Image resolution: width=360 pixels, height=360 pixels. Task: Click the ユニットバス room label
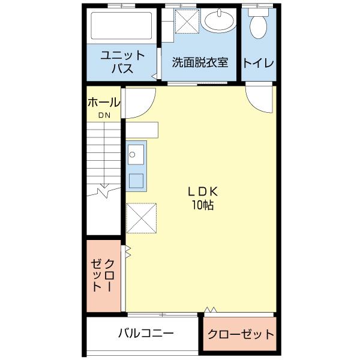point(122,61)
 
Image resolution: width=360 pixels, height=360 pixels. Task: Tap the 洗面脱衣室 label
point(200,62)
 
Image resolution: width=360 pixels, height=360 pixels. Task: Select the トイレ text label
point(259,62)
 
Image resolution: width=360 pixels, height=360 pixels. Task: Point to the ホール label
point(104,103)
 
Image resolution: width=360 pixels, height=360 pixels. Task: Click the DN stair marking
point(104,115)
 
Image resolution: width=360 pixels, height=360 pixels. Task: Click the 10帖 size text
point(203,205)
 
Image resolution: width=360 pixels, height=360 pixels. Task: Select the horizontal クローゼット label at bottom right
point(241,334)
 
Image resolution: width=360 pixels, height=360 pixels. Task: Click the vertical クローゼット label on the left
point(103,275)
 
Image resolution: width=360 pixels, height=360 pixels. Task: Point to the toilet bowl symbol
point(259,25)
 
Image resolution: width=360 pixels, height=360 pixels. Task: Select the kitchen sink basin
point(134,153)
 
